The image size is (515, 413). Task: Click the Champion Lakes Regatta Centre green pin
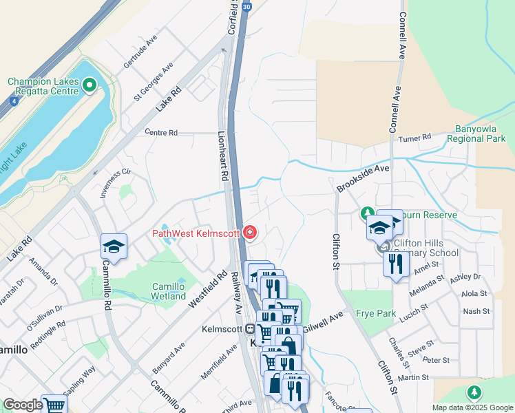(x=89, y=85)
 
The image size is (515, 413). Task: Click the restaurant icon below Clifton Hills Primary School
(x=395, y=264)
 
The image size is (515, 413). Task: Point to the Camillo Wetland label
(x=169, y=291)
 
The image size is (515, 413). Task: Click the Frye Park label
(x=376, y=313)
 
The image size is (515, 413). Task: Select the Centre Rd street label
(x=161, y=132)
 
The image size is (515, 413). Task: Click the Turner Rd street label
(x=417, y=138)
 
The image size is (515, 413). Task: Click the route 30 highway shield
(x=246, y=7)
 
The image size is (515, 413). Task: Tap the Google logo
(x=23, y=405)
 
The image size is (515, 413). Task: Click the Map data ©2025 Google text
(x=473, y=407)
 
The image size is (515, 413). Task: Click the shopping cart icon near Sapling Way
(x=53, y=405)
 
